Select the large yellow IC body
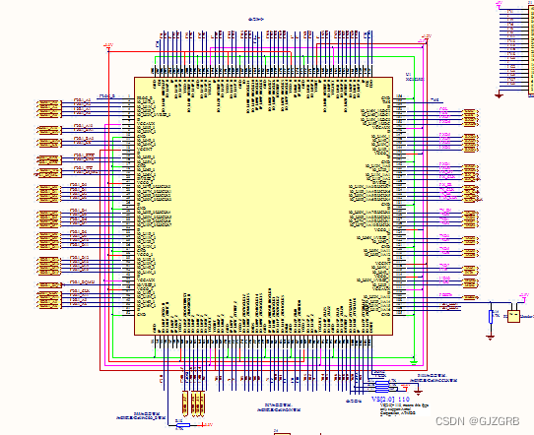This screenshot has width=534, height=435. click(264, 207)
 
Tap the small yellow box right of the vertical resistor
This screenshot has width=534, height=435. click(513, 316)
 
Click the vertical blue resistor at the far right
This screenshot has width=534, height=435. click(492, 316)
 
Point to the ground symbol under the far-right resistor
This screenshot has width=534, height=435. click(492, 337)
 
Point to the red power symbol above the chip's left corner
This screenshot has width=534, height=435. click(108, 45)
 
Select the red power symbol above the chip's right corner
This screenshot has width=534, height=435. click(426, 37)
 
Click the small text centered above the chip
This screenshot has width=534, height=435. click(260, 19)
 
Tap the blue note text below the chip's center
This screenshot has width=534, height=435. click(280, 405)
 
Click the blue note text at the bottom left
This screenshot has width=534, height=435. click(146, 415)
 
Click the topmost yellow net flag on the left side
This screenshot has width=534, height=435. click(49, 102)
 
